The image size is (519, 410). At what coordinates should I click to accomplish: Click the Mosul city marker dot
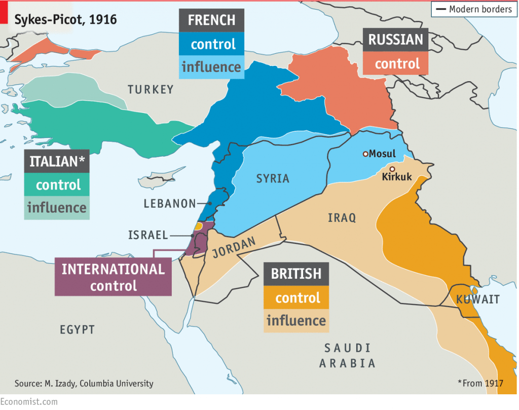click(365, 154)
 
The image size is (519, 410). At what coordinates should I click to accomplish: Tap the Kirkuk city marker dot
click(392, 169)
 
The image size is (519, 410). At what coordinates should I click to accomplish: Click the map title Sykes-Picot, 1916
click(65, 20)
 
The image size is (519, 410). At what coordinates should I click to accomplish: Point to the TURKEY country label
click(151, 90)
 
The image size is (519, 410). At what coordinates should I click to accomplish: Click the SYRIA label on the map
click(273, 178)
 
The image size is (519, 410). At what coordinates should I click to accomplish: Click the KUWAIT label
click(477, 299)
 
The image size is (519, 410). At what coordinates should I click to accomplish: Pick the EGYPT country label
click(77, 330)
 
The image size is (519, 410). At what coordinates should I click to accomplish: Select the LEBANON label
click(169, 204)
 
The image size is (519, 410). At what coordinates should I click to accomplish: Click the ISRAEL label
click(147, 235)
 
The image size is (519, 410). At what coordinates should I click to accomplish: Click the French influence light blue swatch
click(211, 67)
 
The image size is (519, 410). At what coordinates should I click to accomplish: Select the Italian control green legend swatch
click(58, 185)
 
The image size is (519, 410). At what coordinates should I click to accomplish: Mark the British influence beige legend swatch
click(296, 321)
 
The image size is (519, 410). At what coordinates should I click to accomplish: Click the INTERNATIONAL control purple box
click(113, 277)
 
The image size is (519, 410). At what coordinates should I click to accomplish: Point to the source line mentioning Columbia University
click(84, 383)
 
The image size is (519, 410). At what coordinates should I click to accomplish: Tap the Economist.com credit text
click(29, 402)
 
